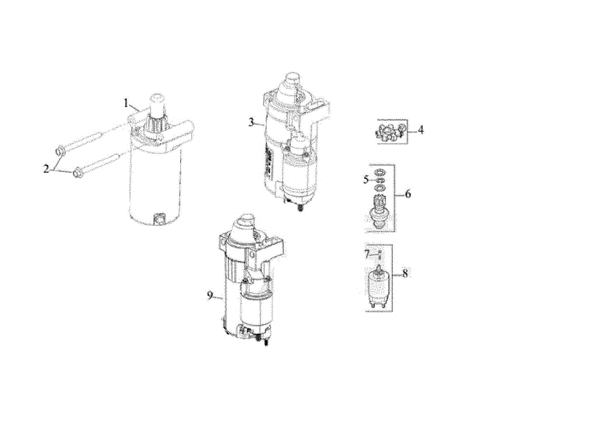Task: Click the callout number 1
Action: click(x=126, y=103)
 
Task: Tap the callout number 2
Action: click(x=47, y=169)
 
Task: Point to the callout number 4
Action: click(x=421, y=130)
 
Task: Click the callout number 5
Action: click(x=366, y=180)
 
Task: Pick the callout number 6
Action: click(x=408, y=194)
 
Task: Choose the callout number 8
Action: click(x=405, y=274)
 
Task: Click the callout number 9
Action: click(x=210, y=295)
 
